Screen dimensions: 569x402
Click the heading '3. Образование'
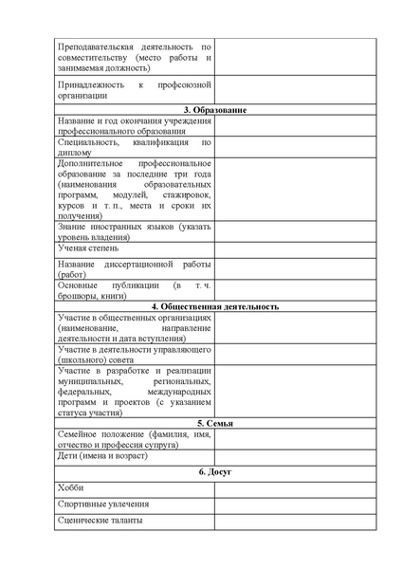[x=214, y=111]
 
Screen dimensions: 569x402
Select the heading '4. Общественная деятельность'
[x=214, y=307]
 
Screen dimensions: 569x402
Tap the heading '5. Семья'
[x=214, y=423]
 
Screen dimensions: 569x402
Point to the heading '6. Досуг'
[x=214, y=471]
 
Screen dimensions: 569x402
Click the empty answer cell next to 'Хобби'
[x=295, y=487]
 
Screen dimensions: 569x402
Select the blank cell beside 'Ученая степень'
[x=295, y=248]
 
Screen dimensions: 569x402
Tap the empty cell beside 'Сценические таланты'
[x=295, y=522]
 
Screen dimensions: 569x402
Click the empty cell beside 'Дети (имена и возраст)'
[x=295, y=455]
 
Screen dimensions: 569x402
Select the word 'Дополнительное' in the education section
[x=92, y=163]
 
